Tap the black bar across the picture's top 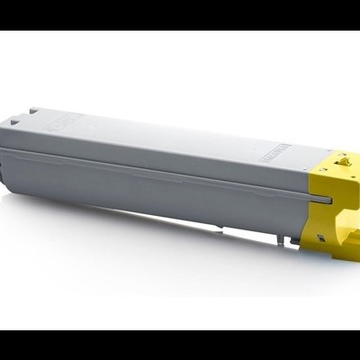(180, 14)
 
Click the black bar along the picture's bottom (180, 346)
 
